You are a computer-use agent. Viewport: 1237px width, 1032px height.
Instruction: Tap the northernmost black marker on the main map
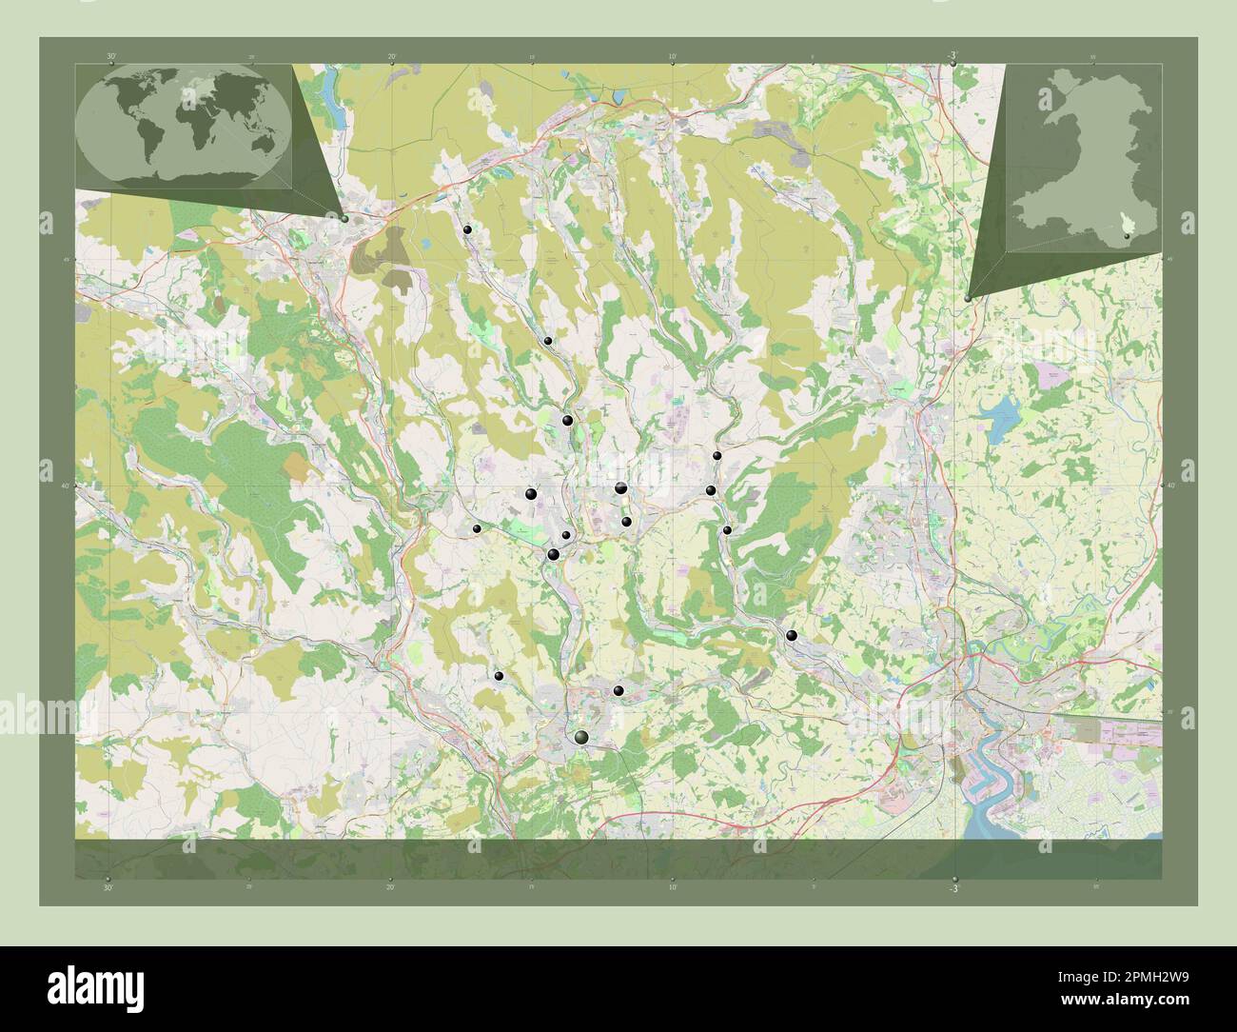coord(467,229)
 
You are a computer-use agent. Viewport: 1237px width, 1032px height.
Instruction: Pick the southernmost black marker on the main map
coord(581,737)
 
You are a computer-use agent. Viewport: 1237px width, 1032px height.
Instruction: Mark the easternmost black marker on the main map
coord(792,635)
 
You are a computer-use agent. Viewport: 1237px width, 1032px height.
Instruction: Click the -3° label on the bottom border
coord(953,886)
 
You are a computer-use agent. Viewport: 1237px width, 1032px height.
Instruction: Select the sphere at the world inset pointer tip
coord(344,218)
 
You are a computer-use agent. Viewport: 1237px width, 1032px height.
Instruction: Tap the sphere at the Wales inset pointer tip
coord(968,298)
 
